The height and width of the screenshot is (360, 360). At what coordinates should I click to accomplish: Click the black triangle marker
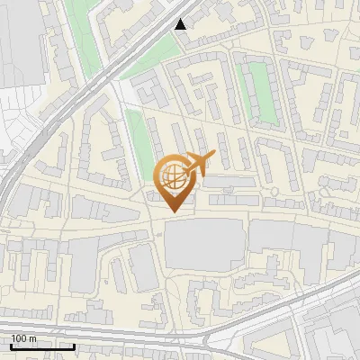182,24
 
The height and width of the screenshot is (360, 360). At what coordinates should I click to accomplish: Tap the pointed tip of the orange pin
174,211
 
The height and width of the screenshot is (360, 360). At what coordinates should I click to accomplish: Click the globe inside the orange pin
173,175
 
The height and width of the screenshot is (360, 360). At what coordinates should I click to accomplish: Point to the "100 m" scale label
24,338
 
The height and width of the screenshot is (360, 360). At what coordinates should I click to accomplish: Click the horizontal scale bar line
41,346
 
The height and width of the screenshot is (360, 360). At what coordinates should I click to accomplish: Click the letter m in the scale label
34,338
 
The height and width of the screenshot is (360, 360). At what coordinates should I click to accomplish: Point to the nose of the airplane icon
213,155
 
